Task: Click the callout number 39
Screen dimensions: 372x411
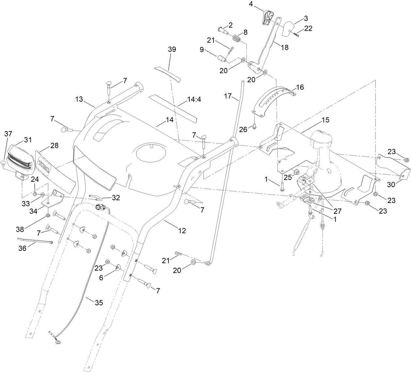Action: point(172,49)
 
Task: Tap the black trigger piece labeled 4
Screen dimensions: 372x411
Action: point(268,17)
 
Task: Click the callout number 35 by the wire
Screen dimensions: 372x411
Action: point(99,303)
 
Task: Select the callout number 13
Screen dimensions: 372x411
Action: point(80,99)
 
